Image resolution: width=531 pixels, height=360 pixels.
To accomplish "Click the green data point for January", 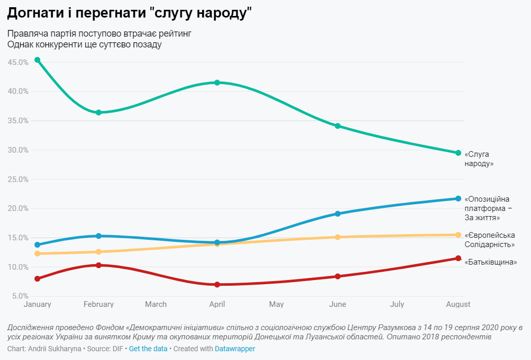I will point(37,60).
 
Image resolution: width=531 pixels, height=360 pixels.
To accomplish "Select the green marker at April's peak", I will point(217,83).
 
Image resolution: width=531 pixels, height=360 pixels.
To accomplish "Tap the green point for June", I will point(337,126).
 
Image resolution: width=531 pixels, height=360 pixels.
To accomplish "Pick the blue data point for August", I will point(458,199).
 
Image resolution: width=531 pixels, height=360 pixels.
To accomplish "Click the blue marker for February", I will point(99,236).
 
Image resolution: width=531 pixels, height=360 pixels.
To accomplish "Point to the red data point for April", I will point(217,285).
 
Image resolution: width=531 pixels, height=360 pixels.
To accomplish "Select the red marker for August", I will point(458,258).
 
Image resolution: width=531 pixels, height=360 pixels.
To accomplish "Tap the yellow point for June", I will point(337,237).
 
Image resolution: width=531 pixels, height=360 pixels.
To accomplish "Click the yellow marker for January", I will point(37,253).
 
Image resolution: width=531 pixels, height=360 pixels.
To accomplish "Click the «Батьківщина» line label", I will point(491,262).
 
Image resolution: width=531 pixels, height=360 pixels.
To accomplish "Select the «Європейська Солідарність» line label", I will point(490,240).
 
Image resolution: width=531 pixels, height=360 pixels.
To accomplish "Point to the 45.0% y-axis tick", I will point(18,62).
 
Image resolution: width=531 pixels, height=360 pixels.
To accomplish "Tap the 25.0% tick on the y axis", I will point(18,179).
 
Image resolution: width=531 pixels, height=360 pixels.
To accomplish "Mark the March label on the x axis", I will point(156,304).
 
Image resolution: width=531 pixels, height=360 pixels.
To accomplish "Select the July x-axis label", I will point(397,304).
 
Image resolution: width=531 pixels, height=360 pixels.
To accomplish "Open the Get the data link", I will point(148,349).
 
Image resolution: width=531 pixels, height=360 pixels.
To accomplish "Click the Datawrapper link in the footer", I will point(235,349).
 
